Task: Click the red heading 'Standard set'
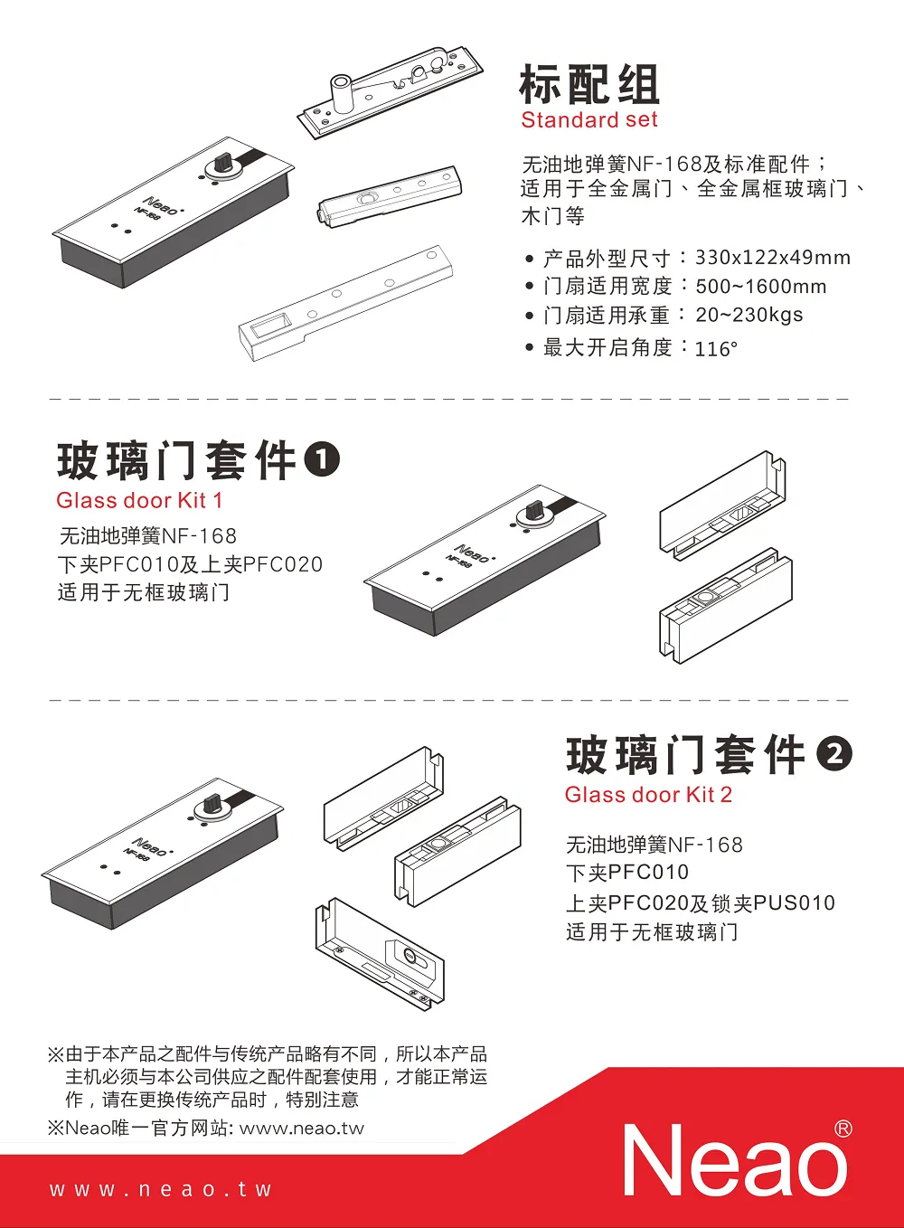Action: pyautogui.click(x=589, y=120)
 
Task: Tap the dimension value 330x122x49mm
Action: pyautogui.click(x=773, y=258)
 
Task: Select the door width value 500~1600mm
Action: pyautogui.click(x=761, y=286)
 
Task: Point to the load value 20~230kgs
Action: pyautogui.click(x=749, y=316)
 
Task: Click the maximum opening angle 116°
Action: pyautogui.click(x=716, y=349)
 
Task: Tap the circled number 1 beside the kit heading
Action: pyautogui.click(x=322, y=459)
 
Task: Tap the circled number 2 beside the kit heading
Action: pyautogui.click(x=834, y=754)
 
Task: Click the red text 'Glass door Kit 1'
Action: pyautogui.click(x=139, y=501)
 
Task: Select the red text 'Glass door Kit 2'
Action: pyautogui.click(x=648, y=795)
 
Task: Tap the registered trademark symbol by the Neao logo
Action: pyautogui.click(x=843, y=1129)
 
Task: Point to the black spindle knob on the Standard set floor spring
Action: pyautogui.click(x=222, y=162)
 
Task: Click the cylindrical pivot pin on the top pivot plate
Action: pyautogui.click(x=341, y=94)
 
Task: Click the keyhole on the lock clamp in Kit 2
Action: pyautogui.click(x=410, y=956)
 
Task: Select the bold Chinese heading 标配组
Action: pyautogui.click(x=589, y=83)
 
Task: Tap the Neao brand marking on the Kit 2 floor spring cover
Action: pyautogui.click(x=151, y=847)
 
